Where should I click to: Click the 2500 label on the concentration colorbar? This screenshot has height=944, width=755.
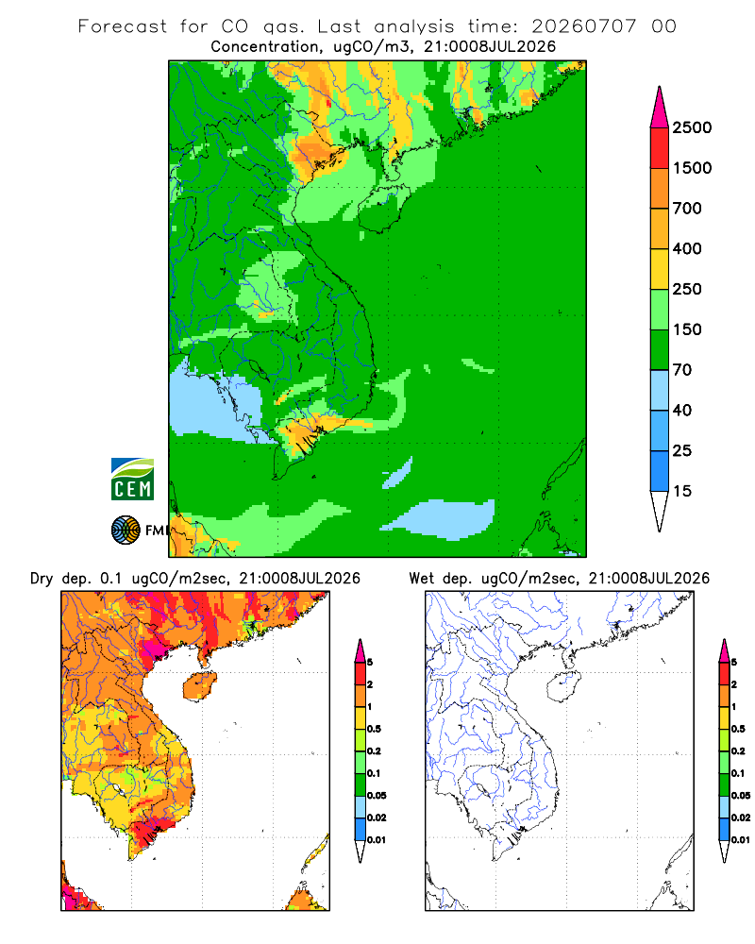click(692, 127)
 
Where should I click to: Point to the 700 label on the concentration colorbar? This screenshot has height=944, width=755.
click(687, 209)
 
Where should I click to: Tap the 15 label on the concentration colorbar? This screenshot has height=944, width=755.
click(682, 491)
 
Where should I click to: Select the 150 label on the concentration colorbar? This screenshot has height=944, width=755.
click(687, 329)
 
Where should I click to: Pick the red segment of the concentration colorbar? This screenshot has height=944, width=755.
click(660, 148)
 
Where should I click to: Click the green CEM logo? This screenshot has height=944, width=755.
click(132, 480)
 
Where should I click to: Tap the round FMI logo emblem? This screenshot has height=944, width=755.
click(126, 531)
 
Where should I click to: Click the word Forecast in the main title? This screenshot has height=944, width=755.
click(123, 26)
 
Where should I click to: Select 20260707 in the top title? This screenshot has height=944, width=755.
click(583, 26)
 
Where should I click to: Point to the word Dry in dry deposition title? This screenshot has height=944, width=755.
click(42, 579)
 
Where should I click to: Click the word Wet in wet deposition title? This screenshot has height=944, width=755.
click(421, 579)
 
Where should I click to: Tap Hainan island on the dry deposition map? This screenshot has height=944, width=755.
click(199, 686)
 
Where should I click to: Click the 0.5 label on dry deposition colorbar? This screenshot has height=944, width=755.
click(374, 729)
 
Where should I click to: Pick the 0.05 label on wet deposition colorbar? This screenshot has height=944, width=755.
click(741, 796)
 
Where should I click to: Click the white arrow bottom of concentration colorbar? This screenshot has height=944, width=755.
click(660, 511)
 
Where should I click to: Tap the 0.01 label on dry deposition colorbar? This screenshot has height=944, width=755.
click(377, 840)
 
